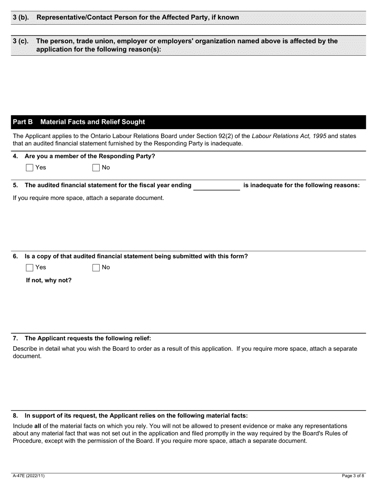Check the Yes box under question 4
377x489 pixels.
(29, 168)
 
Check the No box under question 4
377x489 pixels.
(96, 168)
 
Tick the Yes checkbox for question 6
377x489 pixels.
(29, 268)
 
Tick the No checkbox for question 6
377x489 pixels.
(96, 268)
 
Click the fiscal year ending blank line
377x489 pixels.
(216, 186)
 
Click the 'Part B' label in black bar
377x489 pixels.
(23, 122)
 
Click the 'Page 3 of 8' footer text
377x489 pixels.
(353, 475)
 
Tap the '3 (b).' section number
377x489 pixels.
(21, 17)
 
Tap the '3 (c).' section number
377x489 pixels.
(21, 41)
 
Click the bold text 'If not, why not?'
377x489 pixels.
(49, 280)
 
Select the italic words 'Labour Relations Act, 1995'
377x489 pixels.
(289, 136)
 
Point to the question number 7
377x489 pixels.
(15, 338)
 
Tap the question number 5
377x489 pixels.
(15, 185)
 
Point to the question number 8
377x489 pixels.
(15, 416)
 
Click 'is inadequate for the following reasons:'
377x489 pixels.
(301, 185)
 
